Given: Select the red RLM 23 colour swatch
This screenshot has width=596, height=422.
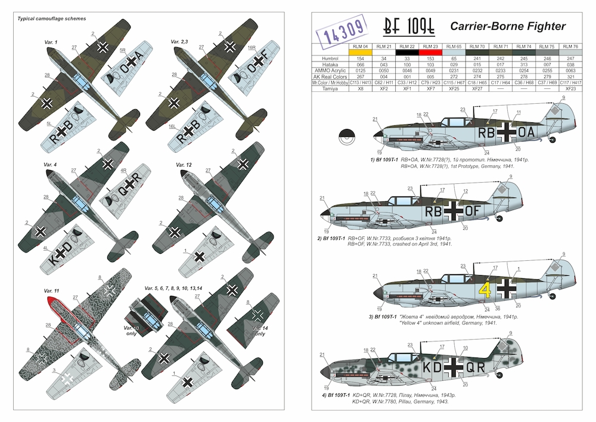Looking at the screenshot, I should (x=430, y=53).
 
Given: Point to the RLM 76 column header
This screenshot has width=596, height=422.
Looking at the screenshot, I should (x=572, y=45).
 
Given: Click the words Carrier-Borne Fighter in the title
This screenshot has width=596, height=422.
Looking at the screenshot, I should (x=508, y=27).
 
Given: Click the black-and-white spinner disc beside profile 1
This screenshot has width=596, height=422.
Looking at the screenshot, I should (x=347, y=137).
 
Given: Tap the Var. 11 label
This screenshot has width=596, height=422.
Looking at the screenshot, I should (x=52, y=290).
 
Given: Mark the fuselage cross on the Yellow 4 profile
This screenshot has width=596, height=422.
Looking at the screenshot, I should (x=507, y=289).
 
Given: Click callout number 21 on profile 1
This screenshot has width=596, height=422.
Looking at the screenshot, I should (x=374, y=119).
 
